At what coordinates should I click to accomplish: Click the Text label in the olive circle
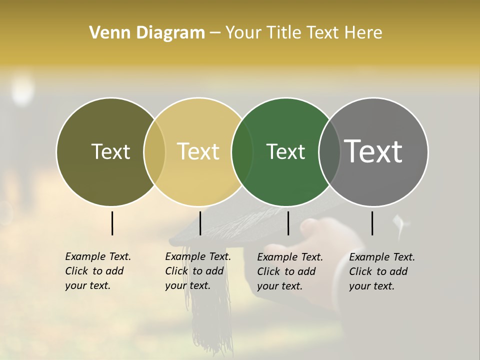[110, 151]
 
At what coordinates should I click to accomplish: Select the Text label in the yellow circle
[198, 151]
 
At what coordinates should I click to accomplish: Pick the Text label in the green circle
[285, 151]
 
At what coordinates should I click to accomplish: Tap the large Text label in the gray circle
[373, 151]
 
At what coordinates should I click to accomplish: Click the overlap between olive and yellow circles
[154, 151]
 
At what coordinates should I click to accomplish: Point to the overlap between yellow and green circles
[242, 151]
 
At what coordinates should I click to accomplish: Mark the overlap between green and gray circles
[329, 151]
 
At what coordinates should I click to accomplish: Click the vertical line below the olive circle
[112, 223]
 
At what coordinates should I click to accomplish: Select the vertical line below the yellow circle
[200, 223]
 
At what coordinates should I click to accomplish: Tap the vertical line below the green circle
[288, 223]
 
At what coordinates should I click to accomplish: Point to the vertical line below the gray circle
[372, 223]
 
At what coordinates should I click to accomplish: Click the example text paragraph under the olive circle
[97, 271]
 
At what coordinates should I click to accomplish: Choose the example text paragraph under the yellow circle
[197, 271]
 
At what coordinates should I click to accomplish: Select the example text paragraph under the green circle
[289, 271]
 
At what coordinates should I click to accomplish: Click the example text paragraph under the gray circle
[381, 271]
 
